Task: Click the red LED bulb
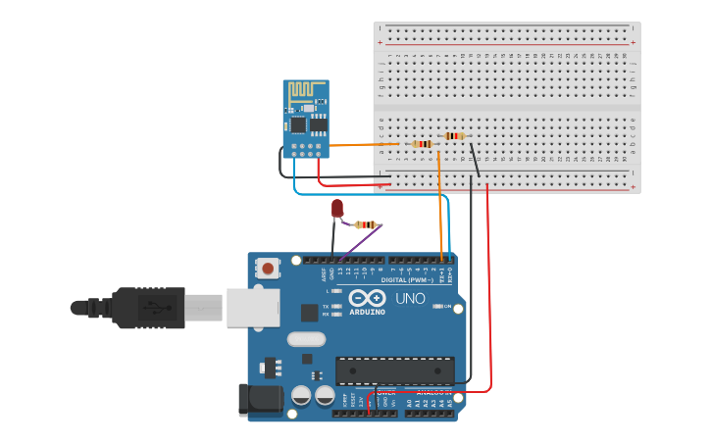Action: [337, 208]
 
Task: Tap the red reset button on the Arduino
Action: [268, 268]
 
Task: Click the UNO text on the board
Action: [410, 298]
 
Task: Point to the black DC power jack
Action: [260, 399]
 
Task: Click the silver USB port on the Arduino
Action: [253, 307]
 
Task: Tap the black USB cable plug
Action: [147, 307]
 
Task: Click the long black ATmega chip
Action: [394, 370]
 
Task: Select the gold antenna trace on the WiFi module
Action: [305, 91]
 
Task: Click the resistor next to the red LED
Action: [366, 224]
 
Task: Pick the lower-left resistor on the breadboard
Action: [422, 144]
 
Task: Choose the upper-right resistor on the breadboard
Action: [453, 136]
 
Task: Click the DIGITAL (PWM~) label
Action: [412, 279]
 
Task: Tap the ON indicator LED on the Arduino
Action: [437, 306]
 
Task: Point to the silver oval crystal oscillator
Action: [306, 339]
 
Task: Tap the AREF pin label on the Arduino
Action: [324, 274]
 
